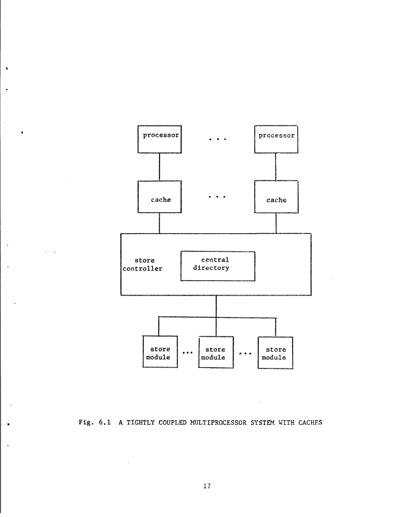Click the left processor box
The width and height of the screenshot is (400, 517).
click(x=159, y=139)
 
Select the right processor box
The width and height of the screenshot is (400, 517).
click(x=276, y=139)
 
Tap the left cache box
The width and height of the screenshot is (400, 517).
click(x=159, y=197)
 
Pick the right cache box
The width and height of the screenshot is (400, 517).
click(x=276, y=197)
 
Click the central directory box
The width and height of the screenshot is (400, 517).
click(x=217, y=265)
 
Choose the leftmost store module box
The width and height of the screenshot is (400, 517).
click(x=160, y=352)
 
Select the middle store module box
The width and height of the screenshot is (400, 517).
click(x=215, y=352)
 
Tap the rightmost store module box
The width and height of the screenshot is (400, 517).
click(x=275, y=352)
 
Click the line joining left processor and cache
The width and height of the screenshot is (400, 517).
click(x=159, y=167)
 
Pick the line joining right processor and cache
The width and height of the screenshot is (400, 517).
click(x=276, y=167)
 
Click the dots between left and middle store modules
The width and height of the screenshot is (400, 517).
click(x=188, y=352)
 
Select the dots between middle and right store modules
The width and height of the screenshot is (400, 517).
click(x=245, y=352)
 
